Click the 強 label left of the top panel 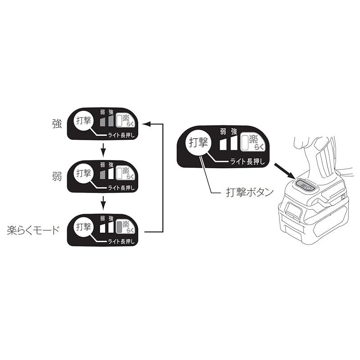(x=57, y=124)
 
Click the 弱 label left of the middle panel (x=57, y=176)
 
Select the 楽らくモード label (x=33, y=230)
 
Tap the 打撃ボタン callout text (x=250, y=192)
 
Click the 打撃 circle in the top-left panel (x=84, y=121)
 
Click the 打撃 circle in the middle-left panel (x=84, y=174)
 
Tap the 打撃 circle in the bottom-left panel (x=84, y=227)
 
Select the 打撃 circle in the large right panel (x=198, y=143)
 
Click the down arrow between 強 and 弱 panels (x=103, y=150)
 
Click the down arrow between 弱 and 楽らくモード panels (x=103, y=203)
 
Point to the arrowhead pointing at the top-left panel (x=146, y=124)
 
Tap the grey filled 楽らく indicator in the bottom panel (x=119, y=227)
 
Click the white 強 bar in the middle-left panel (x=111, y=174)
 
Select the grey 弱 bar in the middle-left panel (x=103, y=175)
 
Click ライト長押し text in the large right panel (x=247, y=162)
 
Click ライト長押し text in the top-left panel (x=121, y=135)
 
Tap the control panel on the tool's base (x=306, y=185)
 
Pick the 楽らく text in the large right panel (x=256, y=143)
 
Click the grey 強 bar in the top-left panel (x=111, y=121)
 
